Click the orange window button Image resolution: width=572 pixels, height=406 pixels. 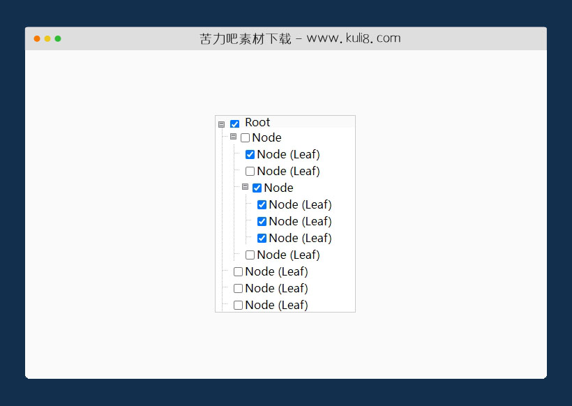pyautogui.click(x=37, y=38)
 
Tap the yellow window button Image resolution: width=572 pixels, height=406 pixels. pyautogui.click(x=47, y=38)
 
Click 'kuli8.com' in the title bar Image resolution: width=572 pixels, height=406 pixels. pyautogui.click(x=373, y=38)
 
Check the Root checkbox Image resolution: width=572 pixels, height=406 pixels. pyautogui.click(x=234, y=124)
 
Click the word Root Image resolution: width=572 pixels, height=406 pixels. pyautogui.click(x=257, y=122)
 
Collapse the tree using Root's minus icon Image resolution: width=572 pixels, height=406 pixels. pyautogui.click(x=221, y=124)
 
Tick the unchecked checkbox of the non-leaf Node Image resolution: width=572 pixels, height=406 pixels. pyautogui.click(x=245, y=138)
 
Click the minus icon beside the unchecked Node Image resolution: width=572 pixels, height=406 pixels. pyautogui.click(x=234, y=137)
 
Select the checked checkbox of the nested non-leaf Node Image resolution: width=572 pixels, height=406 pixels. pyautogui.click(x=257, y=188)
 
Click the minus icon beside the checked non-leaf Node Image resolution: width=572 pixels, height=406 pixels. pyautogui.click(x=245, y=187)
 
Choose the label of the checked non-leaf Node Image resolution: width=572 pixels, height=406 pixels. pyautogui.click(x=279, y=188)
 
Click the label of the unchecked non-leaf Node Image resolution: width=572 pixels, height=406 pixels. pyautogui.click(x=266, y=138)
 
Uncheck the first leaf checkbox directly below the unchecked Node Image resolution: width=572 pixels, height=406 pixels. pyautogui.click(x=250, y=155)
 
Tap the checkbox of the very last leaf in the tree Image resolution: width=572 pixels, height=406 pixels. pyautogui.click(x=238, y=305)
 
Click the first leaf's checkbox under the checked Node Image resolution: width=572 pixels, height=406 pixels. pyautogui.click(x=262, y=204)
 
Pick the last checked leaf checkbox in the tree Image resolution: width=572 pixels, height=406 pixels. pyautogui.click(x=262, y=238)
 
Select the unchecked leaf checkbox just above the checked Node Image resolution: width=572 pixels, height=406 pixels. pyautogui.click(x=250, y=172)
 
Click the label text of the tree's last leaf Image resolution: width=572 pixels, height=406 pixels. pyautogui.click(x=276, y=305)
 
